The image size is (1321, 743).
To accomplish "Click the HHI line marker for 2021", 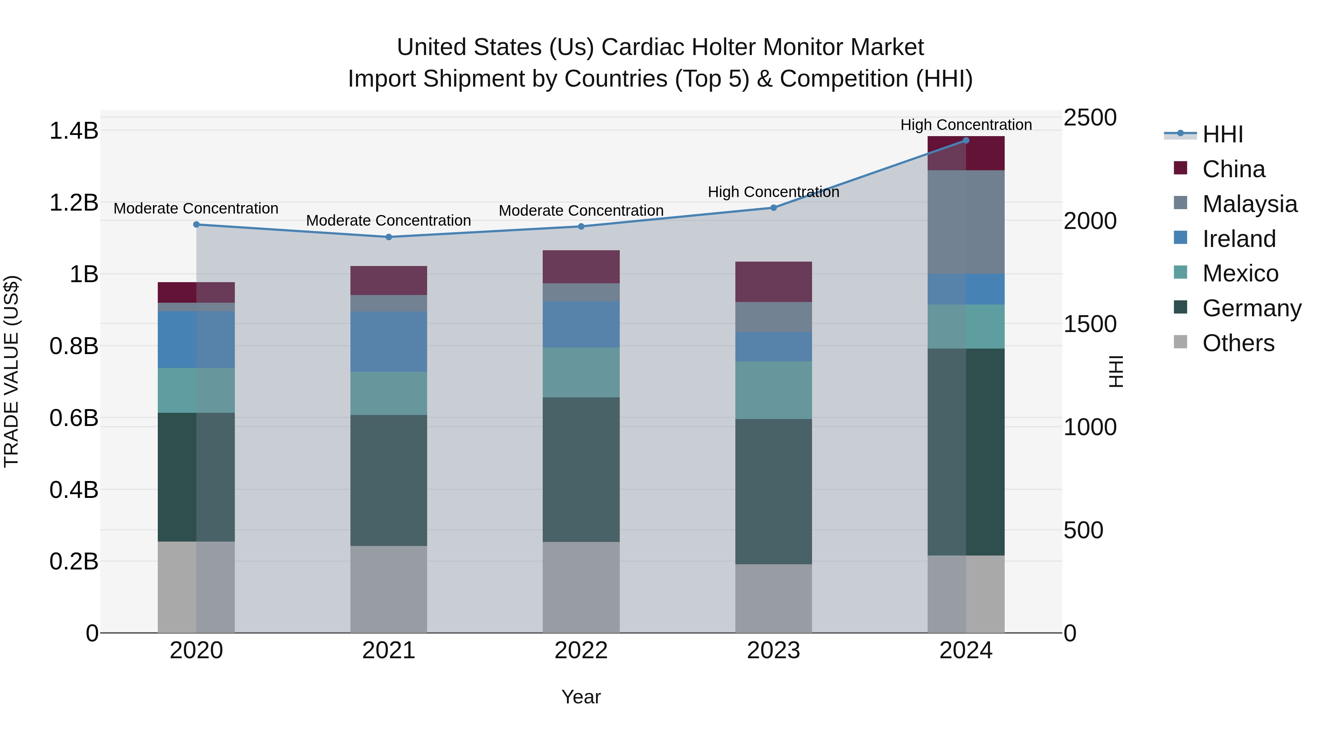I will pyautogui.click(x=388, y=237).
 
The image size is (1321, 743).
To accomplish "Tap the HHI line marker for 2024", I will pyautogui.click(x=966, y=141).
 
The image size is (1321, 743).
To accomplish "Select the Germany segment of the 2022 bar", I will pyautogui.click(x=581, y=469).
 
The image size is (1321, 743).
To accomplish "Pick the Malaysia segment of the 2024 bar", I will pyautogui.click(x=966, y=222).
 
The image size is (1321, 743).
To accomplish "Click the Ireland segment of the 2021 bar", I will pyautogui.click(x=388, y=342).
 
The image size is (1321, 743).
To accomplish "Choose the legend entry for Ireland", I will pyautogui.click(x=1238, y=239).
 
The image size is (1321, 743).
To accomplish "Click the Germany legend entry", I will pyautogui.click(x=1251, y=309).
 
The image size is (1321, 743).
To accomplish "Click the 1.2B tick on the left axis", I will pyautogui.click(x=73, y=203).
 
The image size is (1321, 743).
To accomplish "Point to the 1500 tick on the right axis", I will pyautogui.click(x=1090, y=324).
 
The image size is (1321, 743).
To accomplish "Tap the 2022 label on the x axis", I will pyautogui.click(x=581, y=651).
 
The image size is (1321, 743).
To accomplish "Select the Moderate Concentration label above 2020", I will pyautogui.click(x=196, y=209).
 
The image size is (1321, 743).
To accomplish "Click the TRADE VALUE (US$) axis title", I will pyautogui.click(x=11, y=371).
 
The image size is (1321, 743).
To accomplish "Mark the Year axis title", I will pyautogui.click(x=581, y=697).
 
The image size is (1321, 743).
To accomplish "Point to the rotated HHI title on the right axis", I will pyautogui.click(x=1116, y=371).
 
